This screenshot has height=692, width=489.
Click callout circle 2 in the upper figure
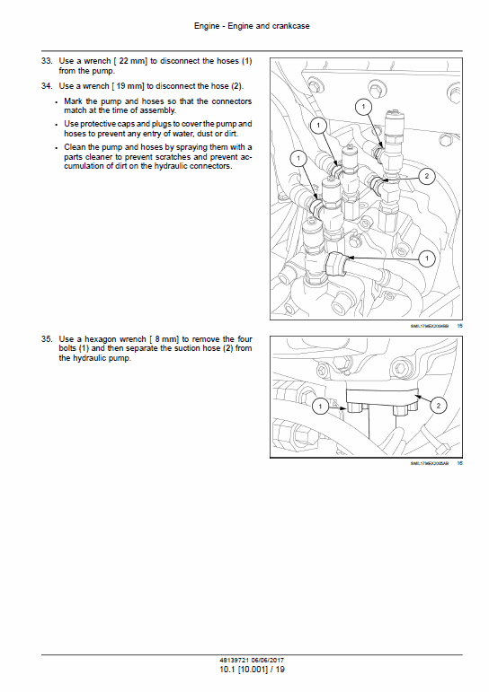pyautogui.click(x=426, y=176)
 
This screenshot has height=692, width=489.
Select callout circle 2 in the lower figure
pyautogui.click(x=437, y=406)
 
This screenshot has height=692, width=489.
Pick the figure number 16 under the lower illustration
pyautogui.click(x=459, y=463)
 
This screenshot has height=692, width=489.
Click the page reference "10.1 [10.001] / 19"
pyautogui.click(x=245, y=670)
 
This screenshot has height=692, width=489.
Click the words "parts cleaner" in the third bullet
pyautogui.click(x=89, y=157)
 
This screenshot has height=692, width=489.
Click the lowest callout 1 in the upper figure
pyautogui.click(x=427, y=258)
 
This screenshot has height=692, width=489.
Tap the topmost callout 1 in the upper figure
pyautogui.click(x=362, y=107)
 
